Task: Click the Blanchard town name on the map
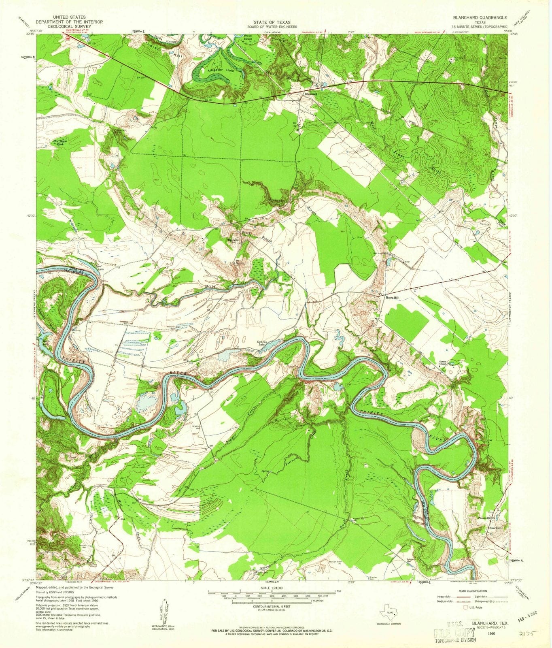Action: tap(310, 93)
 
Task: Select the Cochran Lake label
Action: tap(264, 343)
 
